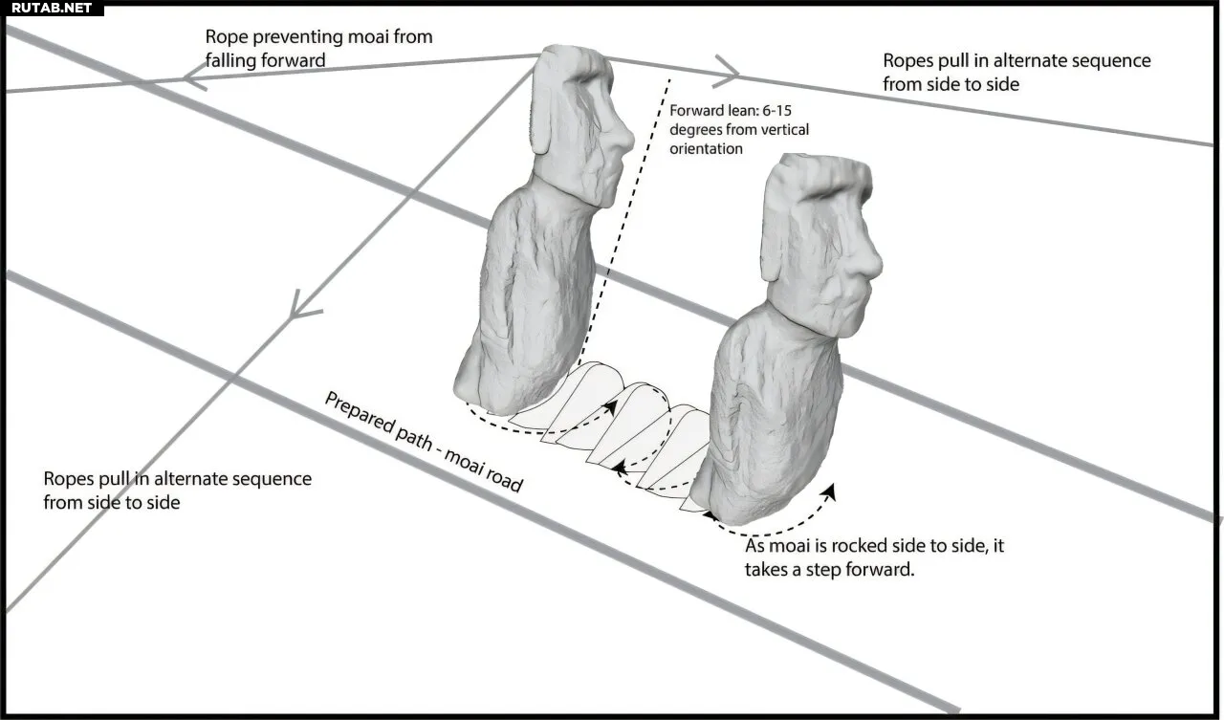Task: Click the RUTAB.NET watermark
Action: point(52,9)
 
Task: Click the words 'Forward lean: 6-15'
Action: point(731,111)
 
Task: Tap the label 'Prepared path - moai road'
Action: point(424,442)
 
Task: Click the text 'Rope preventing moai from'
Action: point(318,37)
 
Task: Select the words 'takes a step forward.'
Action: point(829,570)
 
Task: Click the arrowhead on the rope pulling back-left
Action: point(194,76)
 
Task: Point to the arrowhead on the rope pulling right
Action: point(726,72)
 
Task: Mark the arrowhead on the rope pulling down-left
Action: point(303,306)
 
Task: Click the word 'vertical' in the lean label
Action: point(784,130)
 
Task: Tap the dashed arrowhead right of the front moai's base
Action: point(829,491)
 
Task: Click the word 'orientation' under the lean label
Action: point(706,149)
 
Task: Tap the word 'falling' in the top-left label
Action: point(230,60)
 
